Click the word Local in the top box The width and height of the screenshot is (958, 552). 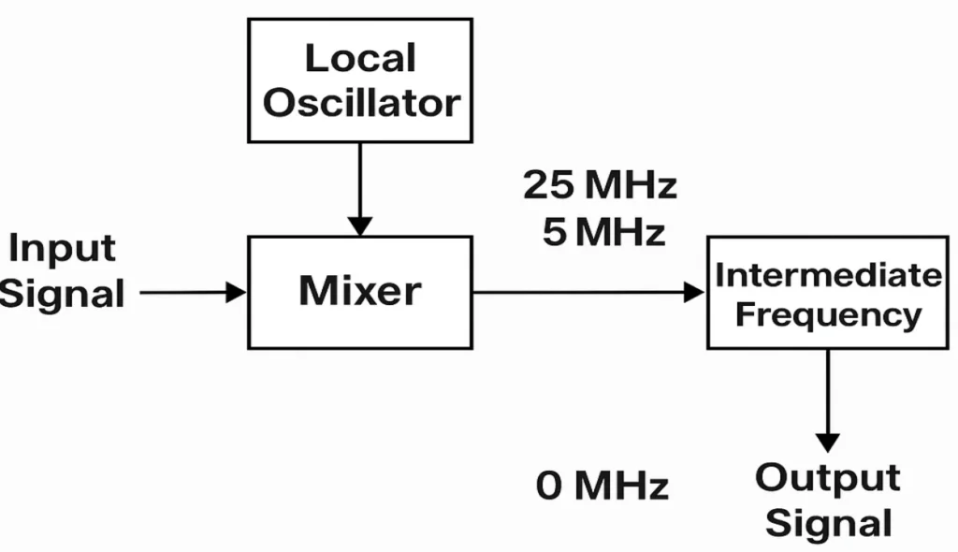click(360, 59)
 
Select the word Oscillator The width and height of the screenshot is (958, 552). click(361, 103)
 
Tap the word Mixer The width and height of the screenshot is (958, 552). click(359, 291)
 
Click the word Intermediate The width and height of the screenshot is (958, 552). click(828, 275)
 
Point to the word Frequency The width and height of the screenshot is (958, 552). click(828, 314)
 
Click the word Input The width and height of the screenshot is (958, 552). click(63, 249)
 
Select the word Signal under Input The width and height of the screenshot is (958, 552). click(63, 293)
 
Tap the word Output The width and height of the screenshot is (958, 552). click(828, 478)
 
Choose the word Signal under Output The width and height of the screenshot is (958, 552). click(828, 522)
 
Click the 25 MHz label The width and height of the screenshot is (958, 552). click(600, 185)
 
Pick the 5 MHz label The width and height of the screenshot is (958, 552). click(604, 231)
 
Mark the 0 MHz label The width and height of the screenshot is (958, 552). click(603, 487)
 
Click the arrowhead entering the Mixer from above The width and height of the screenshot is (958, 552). click(359, 225)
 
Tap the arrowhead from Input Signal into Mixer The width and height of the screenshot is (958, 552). click(235, 292)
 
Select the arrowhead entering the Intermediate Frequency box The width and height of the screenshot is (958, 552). click(694, 292)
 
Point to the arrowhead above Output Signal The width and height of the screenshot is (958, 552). click(827, 442)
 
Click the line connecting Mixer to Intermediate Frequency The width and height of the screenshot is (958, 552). click(580, 292)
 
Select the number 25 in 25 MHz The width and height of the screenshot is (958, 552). click(546, 185)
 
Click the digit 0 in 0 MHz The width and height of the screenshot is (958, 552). click(550, 487)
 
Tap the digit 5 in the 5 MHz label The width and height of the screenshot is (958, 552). click(555, 231)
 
